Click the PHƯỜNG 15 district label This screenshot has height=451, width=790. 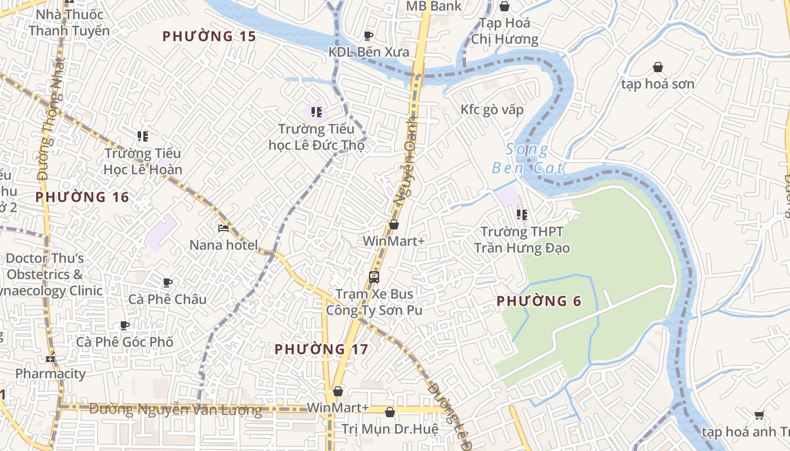209,37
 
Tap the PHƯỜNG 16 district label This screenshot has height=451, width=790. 82,197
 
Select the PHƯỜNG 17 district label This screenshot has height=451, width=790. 321,350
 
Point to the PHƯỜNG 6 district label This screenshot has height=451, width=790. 539,302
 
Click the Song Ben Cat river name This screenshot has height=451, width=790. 528,159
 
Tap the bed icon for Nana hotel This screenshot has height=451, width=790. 223,228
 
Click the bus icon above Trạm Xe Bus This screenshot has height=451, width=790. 374,277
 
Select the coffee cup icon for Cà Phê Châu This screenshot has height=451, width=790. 167,282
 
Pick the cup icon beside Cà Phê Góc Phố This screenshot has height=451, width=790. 125,325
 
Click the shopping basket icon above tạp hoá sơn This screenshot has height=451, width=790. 658,67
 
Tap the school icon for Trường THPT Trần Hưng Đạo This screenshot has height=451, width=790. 522,214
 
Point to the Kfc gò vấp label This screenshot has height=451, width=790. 492,109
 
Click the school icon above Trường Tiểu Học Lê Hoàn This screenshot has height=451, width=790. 143,136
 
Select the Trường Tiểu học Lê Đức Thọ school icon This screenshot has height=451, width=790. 316,112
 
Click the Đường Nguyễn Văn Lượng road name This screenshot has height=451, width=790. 175,410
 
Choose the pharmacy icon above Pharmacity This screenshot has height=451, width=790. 51,357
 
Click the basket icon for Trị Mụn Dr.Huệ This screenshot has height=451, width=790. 389,412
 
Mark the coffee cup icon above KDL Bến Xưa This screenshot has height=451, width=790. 368,36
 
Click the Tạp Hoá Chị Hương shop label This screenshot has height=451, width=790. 504,31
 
